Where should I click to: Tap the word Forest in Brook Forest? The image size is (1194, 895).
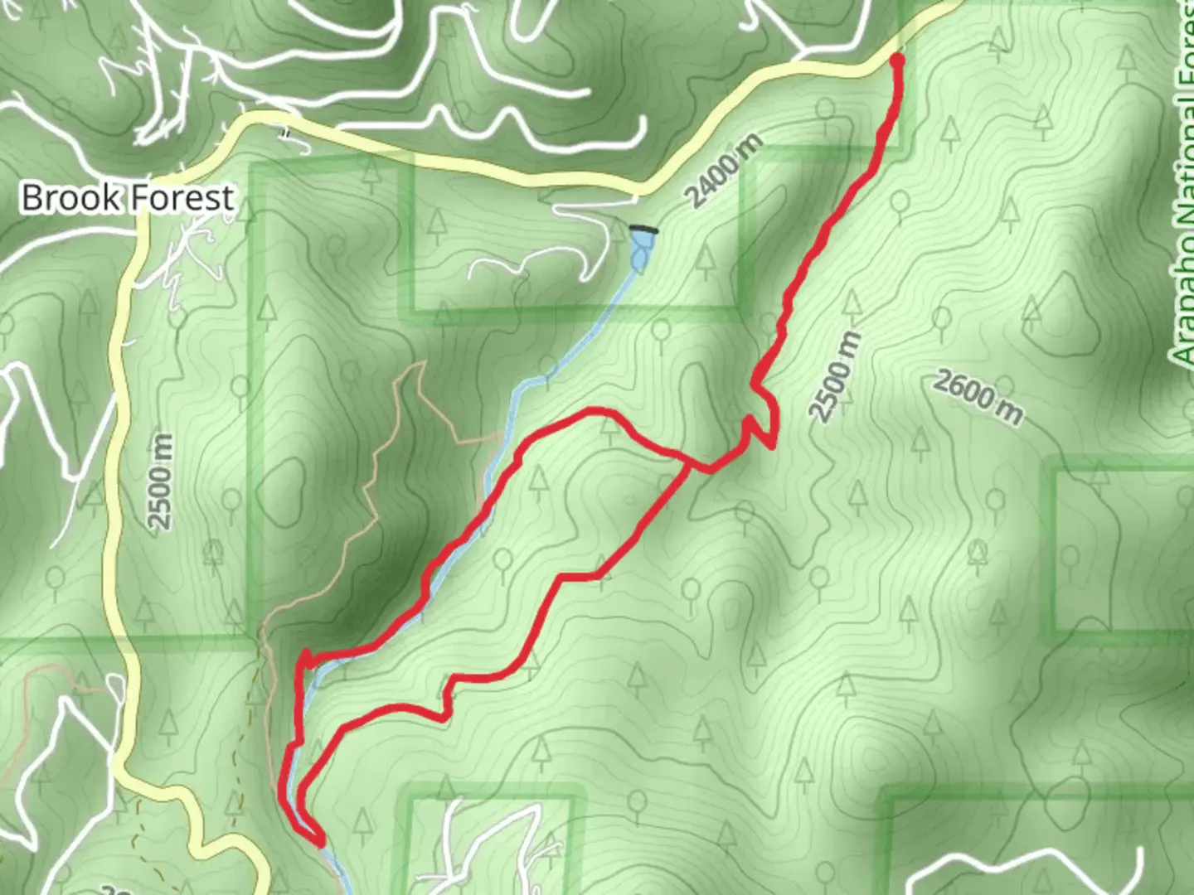coord(181,199)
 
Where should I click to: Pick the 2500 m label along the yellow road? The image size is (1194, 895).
coord(161,481)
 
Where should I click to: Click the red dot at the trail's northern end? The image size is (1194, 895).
coord(896,59)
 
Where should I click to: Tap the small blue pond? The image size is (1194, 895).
coord(641,249)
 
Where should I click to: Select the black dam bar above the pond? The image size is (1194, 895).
coord(643,229)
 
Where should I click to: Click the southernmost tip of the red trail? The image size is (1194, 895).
coord(320,843)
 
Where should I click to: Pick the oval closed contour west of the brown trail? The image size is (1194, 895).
coord(282,489)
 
